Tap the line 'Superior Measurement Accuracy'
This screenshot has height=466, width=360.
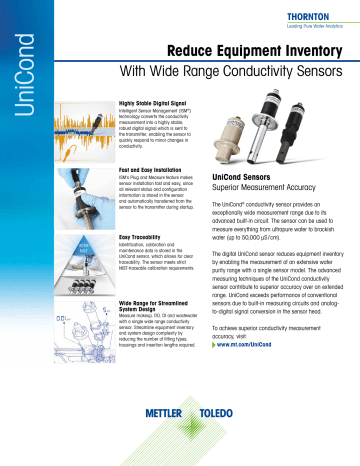click(264, 189)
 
